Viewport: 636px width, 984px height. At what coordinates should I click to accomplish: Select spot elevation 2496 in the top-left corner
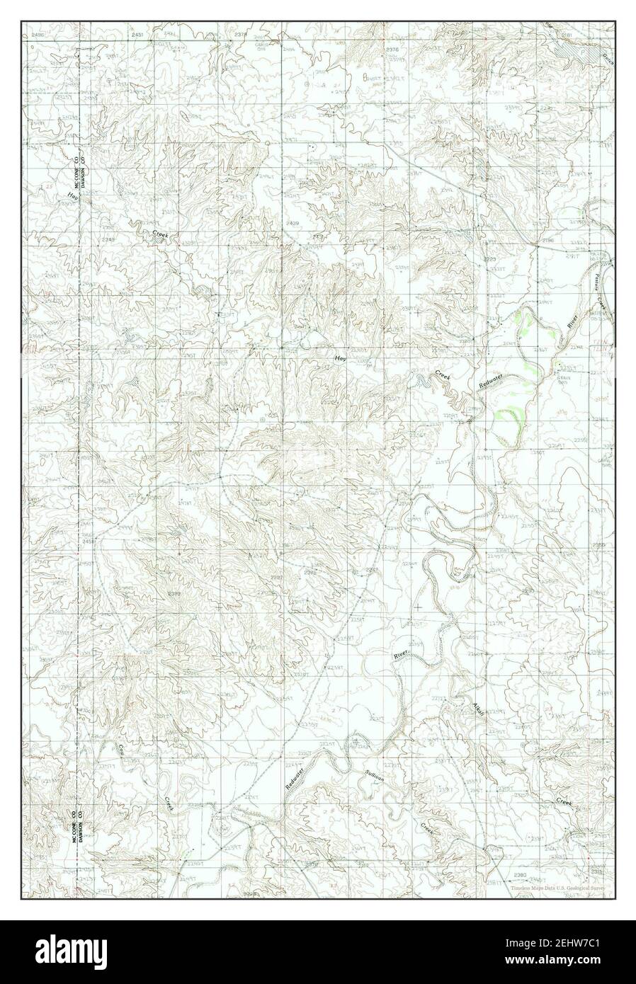[x=38, y=34]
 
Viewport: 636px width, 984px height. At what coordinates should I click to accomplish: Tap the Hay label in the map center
[x=341, y=360]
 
